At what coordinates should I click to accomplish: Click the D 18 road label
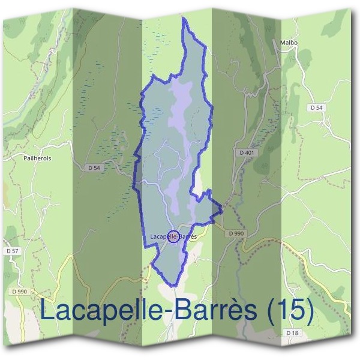(x=292, y=332)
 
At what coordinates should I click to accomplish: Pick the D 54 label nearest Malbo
(x=317, y=107)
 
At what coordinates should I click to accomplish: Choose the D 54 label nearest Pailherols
(x=93, y=168)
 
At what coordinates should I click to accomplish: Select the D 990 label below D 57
(x=19, y=291)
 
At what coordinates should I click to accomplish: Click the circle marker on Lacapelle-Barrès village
(x=173, y=236)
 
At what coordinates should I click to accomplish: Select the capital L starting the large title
(x=49, y=311)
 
